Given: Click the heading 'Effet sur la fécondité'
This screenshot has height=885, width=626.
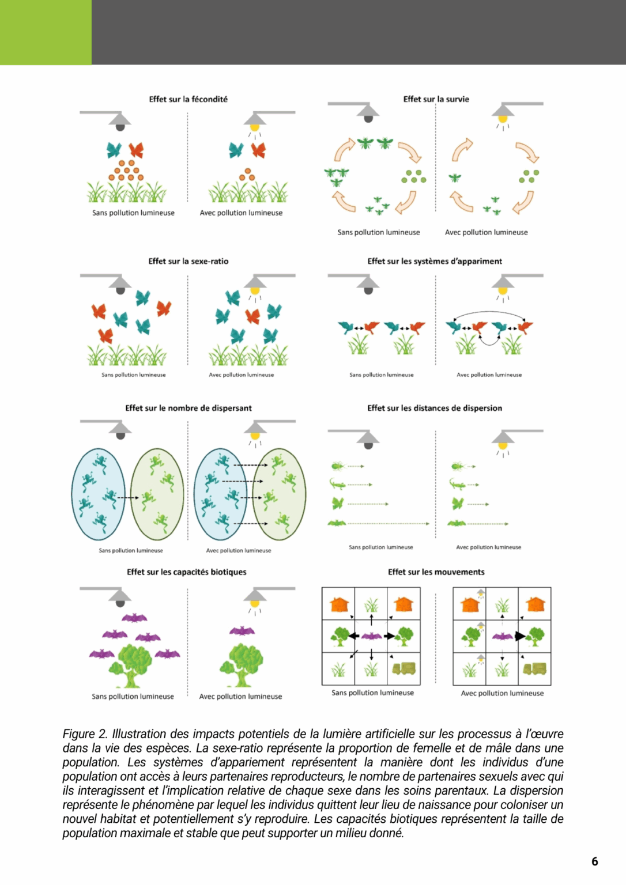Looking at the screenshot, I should coord(188,99).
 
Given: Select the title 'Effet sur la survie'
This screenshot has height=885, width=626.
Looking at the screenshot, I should coord(436,99).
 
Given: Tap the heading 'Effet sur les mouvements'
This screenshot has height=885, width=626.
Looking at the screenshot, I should coord(436,572).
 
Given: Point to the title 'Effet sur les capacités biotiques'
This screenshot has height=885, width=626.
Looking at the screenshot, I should coord(186,572).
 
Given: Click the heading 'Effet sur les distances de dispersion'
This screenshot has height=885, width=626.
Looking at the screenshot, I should coord(434,408).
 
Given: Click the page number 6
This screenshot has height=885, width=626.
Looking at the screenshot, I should coord(594,861).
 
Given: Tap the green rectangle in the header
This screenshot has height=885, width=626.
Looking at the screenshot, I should coord(46,32).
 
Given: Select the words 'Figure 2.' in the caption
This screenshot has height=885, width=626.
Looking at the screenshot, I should coord(85,734).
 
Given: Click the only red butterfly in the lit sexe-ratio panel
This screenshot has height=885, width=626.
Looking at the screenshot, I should coord(252,316).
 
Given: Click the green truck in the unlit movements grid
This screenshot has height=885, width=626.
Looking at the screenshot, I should coord(403,668).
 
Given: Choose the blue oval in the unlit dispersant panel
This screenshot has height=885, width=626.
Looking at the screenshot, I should coord(98,494).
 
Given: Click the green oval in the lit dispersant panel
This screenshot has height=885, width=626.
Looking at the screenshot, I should coord(280,494).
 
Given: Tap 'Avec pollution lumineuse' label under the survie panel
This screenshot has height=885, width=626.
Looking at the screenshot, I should coord(486,232).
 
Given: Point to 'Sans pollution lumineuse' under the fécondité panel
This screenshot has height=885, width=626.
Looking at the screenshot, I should coord(133,213).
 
